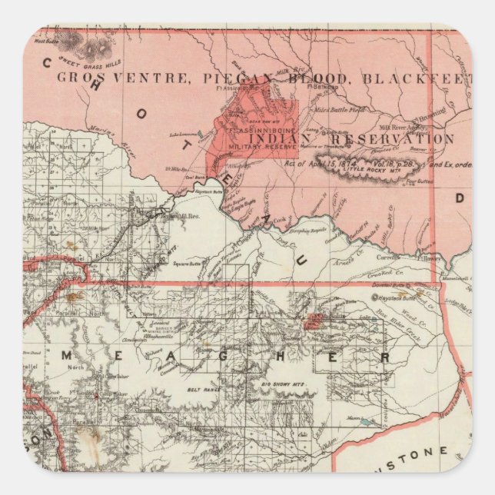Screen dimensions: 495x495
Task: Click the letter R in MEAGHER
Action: click(387, 357)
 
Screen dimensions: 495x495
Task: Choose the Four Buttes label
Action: click(418, 182)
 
